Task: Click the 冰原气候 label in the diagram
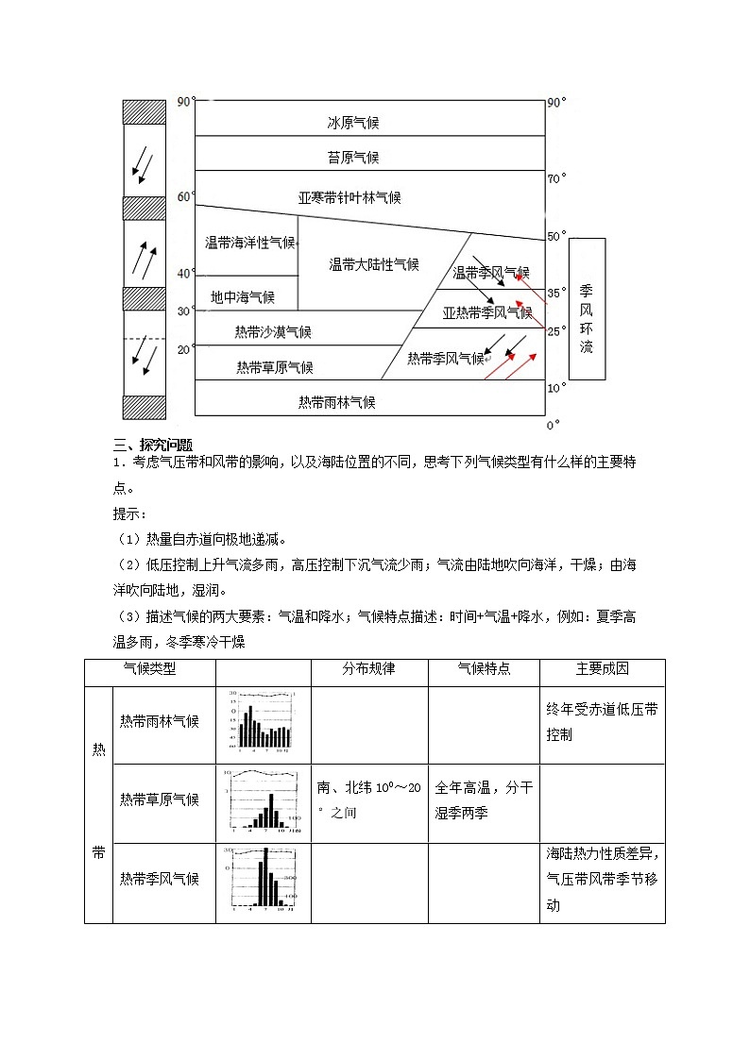353,123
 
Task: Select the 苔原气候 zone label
353,158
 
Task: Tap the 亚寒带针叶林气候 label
349,197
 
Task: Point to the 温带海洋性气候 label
250,243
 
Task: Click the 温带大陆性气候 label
374,265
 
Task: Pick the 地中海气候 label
243,297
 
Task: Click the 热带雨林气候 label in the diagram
337,402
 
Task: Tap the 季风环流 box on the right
587,309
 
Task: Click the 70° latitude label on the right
557,177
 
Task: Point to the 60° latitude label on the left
186,196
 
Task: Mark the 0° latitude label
554,424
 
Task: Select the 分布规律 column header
368,668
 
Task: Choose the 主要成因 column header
603,668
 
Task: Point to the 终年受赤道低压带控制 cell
602,721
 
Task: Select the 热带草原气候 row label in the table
160,799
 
